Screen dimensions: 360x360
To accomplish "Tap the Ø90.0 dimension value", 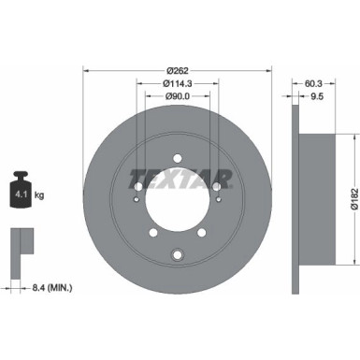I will click(x=178, y=96).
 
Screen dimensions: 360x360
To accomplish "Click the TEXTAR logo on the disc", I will click(x=178, y=177).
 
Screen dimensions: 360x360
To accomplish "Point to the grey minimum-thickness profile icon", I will click(x=19, y=245).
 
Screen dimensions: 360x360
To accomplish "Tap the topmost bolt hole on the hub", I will click(x=178, y=151).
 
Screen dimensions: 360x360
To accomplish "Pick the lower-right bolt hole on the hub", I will click(x=210, y=227).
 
